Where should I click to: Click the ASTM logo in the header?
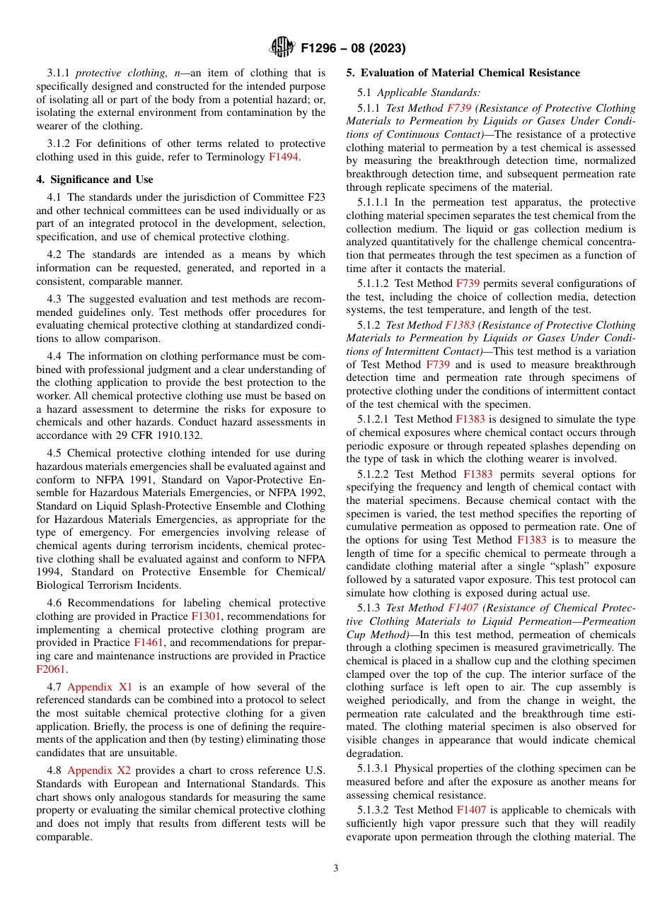[x=282, y=48]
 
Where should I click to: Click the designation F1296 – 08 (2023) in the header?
[x=352, y=49]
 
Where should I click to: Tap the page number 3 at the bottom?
[x=335, y=868]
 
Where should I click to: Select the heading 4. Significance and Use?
[x=95, y=180]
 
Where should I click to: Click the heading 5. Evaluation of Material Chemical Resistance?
[x=463, y=73]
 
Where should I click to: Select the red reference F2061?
[x=50, y=669]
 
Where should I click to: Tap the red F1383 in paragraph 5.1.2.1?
[x=470, y=419]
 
